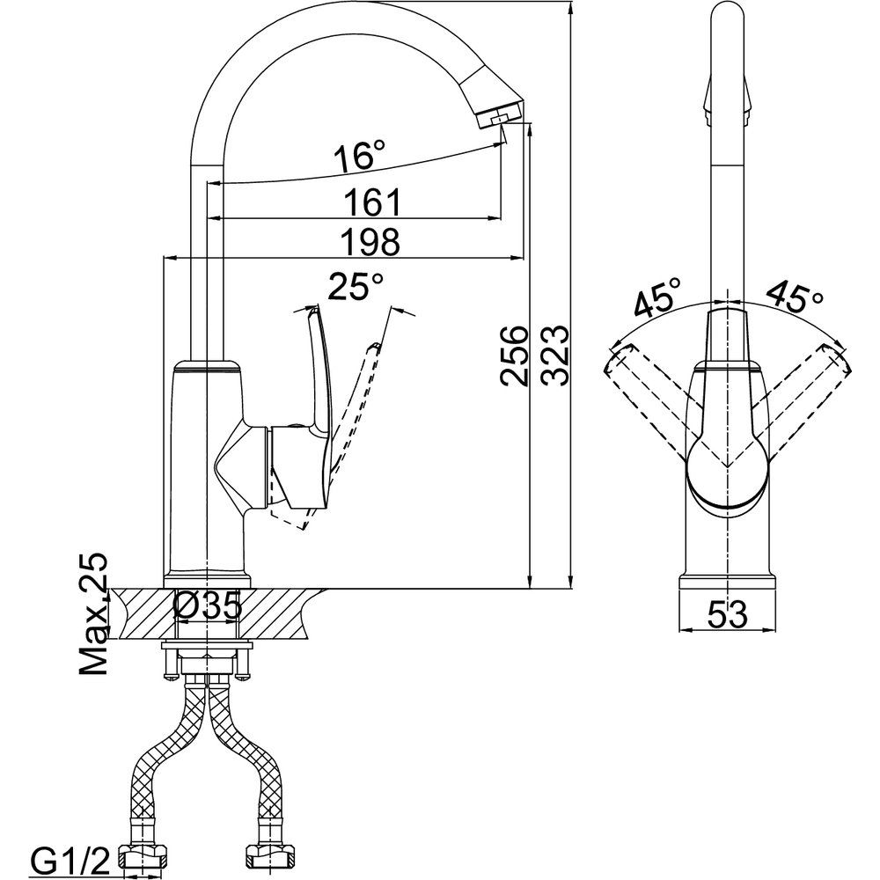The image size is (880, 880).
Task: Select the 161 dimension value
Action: click(x=372, y=202)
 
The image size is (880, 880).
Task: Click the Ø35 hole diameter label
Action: click(x=208, y=605)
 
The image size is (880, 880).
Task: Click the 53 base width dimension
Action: click(x=728, y=614)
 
